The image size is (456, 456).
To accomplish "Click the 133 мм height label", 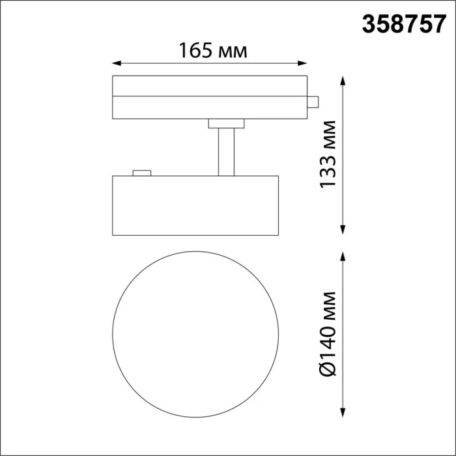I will pos(329,154).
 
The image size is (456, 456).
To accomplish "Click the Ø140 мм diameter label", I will pos(329,333).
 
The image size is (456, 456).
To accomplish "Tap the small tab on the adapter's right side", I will pos(313,102).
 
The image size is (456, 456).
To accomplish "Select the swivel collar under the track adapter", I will pos(225,123).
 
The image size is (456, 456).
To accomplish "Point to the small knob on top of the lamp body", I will pos(141,173).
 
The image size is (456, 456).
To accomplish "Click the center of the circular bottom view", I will pos(197,333).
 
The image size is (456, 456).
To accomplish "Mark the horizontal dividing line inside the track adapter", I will pos(210,95).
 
